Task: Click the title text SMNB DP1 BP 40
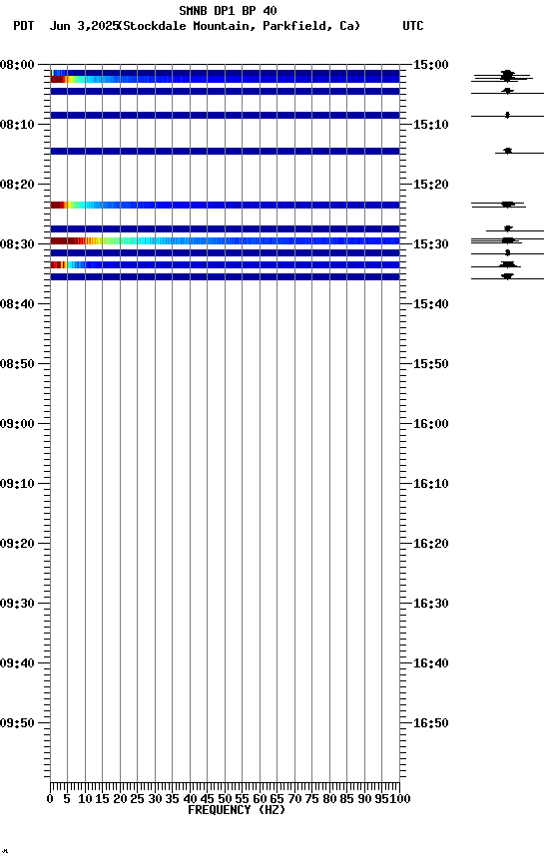click(228, 11)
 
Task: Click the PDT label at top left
click(24, 26)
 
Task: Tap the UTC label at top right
click(413, 26)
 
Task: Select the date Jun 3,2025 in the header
click(83, 26)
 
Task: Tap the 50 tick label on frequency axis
click(226, 799)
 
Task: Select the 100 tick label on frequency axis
click(400, 799)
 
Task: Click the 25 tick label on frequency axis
click(138, 799)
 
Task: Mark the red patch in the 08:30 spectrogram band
click(62, 240)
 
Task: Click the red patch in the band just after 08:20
click(58, 205)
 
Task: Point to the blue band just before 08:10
click(225, 115)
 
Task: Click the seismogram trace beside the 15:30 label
click(507, 240)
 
